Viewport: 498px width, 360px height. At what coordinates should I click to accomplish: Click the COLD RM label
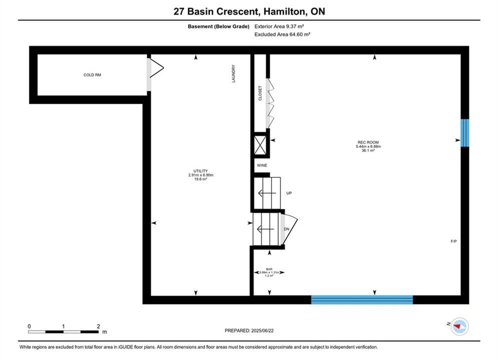coord(92,75)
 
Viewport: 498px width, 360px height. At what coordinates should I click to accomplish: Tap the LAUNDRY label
coord(233,73)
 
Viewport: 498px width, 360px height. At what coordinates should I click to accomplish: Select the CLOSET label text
coord(260,93)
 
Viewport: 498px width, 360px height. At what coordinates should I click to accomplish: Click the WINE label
coord(262,165)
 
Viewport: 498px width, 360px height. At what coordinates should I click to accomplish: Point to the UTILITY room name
coord(200,171)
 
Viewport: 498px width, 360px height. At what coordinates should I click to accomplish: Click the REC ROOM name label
coord(368,142)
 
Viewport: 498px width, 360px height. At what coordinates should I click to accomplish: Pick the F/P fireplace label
coord(453,241)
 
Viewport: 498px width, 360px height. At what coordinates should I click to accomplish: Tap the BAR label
coord(269,269)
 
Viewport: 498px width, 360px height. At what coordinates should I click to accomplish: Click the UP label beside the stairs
coord(289,193)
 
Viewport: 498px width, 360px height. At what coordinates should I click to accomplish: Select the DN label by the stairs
coord(286,229)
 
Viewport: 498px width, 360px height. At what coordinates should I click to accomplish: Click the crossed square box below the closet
coord(260,145)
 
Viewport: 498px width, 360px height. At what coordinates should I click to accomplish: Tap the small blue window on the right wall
coord(464,133)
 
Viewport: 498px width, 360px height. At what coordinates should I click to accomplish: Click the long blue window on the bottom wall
coord(362,299)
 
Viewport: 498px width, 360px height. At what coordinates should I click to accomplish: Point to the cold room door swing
coord(157,67)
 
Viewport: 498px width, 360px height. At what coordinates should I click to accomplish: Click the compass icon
coord(459,326)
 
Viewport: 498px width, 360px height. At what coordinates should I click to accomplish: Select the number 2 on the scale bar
coord(98,326)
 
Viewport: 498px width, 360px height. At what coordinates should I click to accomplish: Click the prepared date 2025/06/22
coord(262,330)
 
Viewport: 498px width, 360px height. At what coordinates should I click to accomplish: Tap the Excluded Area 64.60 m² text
coord(282,34)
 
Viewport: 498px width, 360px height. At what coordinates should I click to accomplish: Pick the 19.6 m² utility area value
coord(201,179)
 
